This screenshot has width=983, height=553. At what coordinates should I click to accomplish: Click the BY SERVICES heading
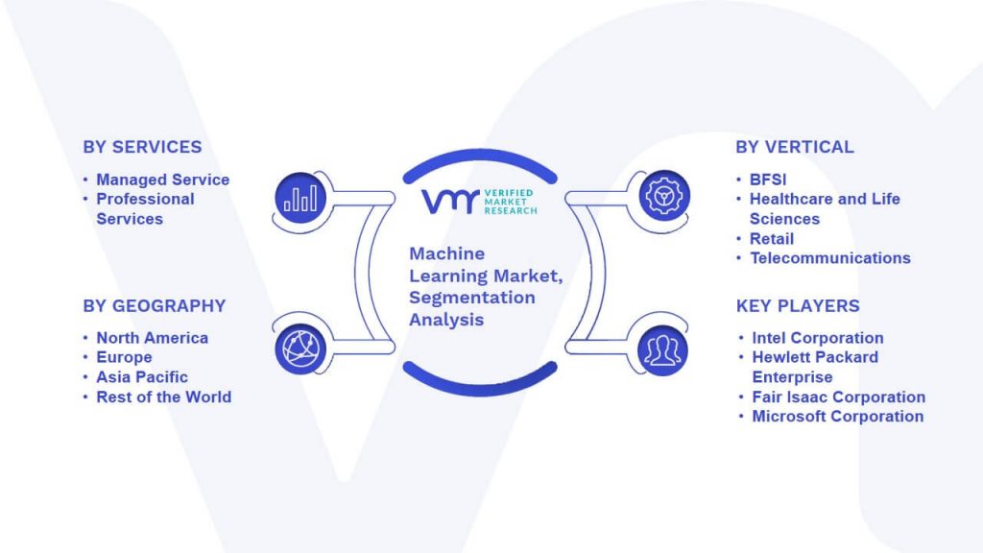[x=142, y=147]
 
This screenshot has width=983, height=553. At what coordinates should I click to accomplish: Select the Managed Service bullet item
[x=162, y=180]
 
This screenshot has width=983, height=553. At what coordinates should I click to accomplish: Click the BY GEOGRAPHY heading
[x=154, y=306]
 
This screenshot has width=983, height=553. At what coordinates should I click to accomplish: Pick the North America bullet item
[x=152, y=338]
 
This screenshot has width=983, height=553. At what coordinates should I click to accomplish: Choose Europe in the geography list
[x=124, y=357]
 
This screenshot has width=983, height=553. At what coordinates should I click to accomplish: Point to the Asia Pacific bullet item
[x=142, y=377]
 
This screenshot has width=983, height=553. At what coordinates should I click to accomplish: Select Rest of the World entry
[x=163, y=397]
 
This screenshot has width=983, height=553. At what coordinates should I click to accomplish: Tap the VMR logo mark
[x=448, y=202]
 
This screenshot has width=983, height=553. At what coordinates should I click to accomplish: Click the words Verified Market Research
[x=508, y=202]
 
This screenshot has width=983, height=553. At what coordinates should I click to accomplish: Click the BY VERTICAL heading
[x=794, y=147]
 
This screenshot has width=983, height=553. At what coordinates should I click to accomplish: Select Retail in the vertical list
[x=772, y=238]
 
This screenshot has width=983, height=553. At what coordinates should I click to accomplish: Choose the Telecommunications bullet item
[x=829, y=257]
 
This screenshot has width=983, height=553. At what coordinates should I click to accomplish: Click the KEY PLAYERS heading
[x=798, y=306]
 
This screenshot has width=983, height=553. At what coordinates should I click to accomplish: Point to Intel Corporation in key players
[x=817, y=338]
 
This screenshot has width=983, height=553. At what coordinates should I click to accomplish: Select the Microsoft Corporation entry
[x=837, y=416]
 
